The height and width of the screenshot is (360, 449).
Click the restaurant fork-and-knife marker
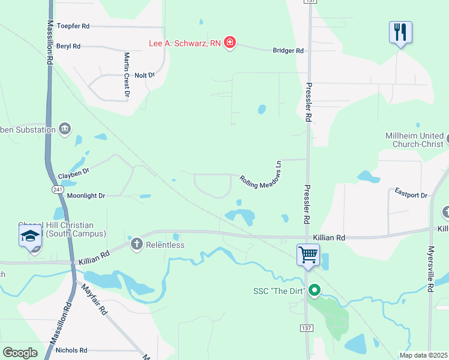(400, 32)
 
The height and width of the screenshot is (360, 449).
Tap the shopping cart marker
(308, 254)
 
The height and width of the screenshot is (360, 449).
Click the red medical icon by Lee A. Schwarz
(229, 43)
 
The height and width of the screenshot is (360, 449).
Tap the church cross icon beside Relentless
(136, 244)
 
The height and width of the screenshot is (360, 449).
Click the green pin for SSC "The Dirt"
(313, 291)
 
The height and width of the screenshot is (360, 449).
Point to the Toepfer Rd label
(73, 26)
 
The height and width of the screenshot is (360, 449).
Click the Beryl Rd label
(68, 46)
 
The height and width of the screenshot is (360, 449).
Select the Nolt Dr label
(145, 75)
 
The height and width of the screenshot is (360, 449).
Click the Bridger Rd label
(288, 51)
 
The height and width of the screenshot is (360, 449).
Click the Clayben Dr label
(73, 173)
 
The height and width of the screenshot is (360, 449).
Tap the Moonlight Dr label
(86, 196)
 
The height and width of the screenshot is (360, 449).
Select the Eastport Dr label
(411, 193)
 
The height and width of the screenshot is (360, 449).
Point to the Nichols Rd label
(71, 350)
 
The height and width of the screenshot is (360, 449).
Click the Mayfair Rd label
(94, 300)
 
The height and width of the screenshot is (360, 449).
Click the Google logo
(20, 353)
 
